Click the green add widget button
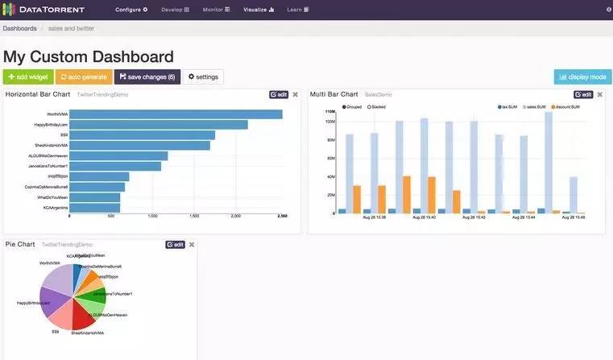[x=27, y=77]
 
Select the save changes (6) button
[x=147, y=77]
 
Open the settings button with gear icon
[x=203, y=77]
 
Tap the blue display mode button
[x=582, y=77]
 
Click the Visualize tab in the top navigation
[x=259, y=10]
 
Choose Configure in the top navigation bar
[x=131, y=10]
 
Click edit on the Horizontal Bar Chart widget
[x=278, y=94]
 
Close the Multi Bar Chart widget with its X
[x=600, y=94]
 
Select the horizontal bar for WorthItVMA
[x=176, y=114]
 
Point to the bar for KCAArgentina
[x=94, y=208]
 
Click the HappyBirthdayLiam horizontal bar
[x=158, y=125]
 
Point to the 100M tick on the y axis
[x=329, y=122]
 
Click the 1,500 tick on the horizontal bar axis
[x=194, y=217]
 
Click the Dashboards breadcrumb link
[x=19, y=28]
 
